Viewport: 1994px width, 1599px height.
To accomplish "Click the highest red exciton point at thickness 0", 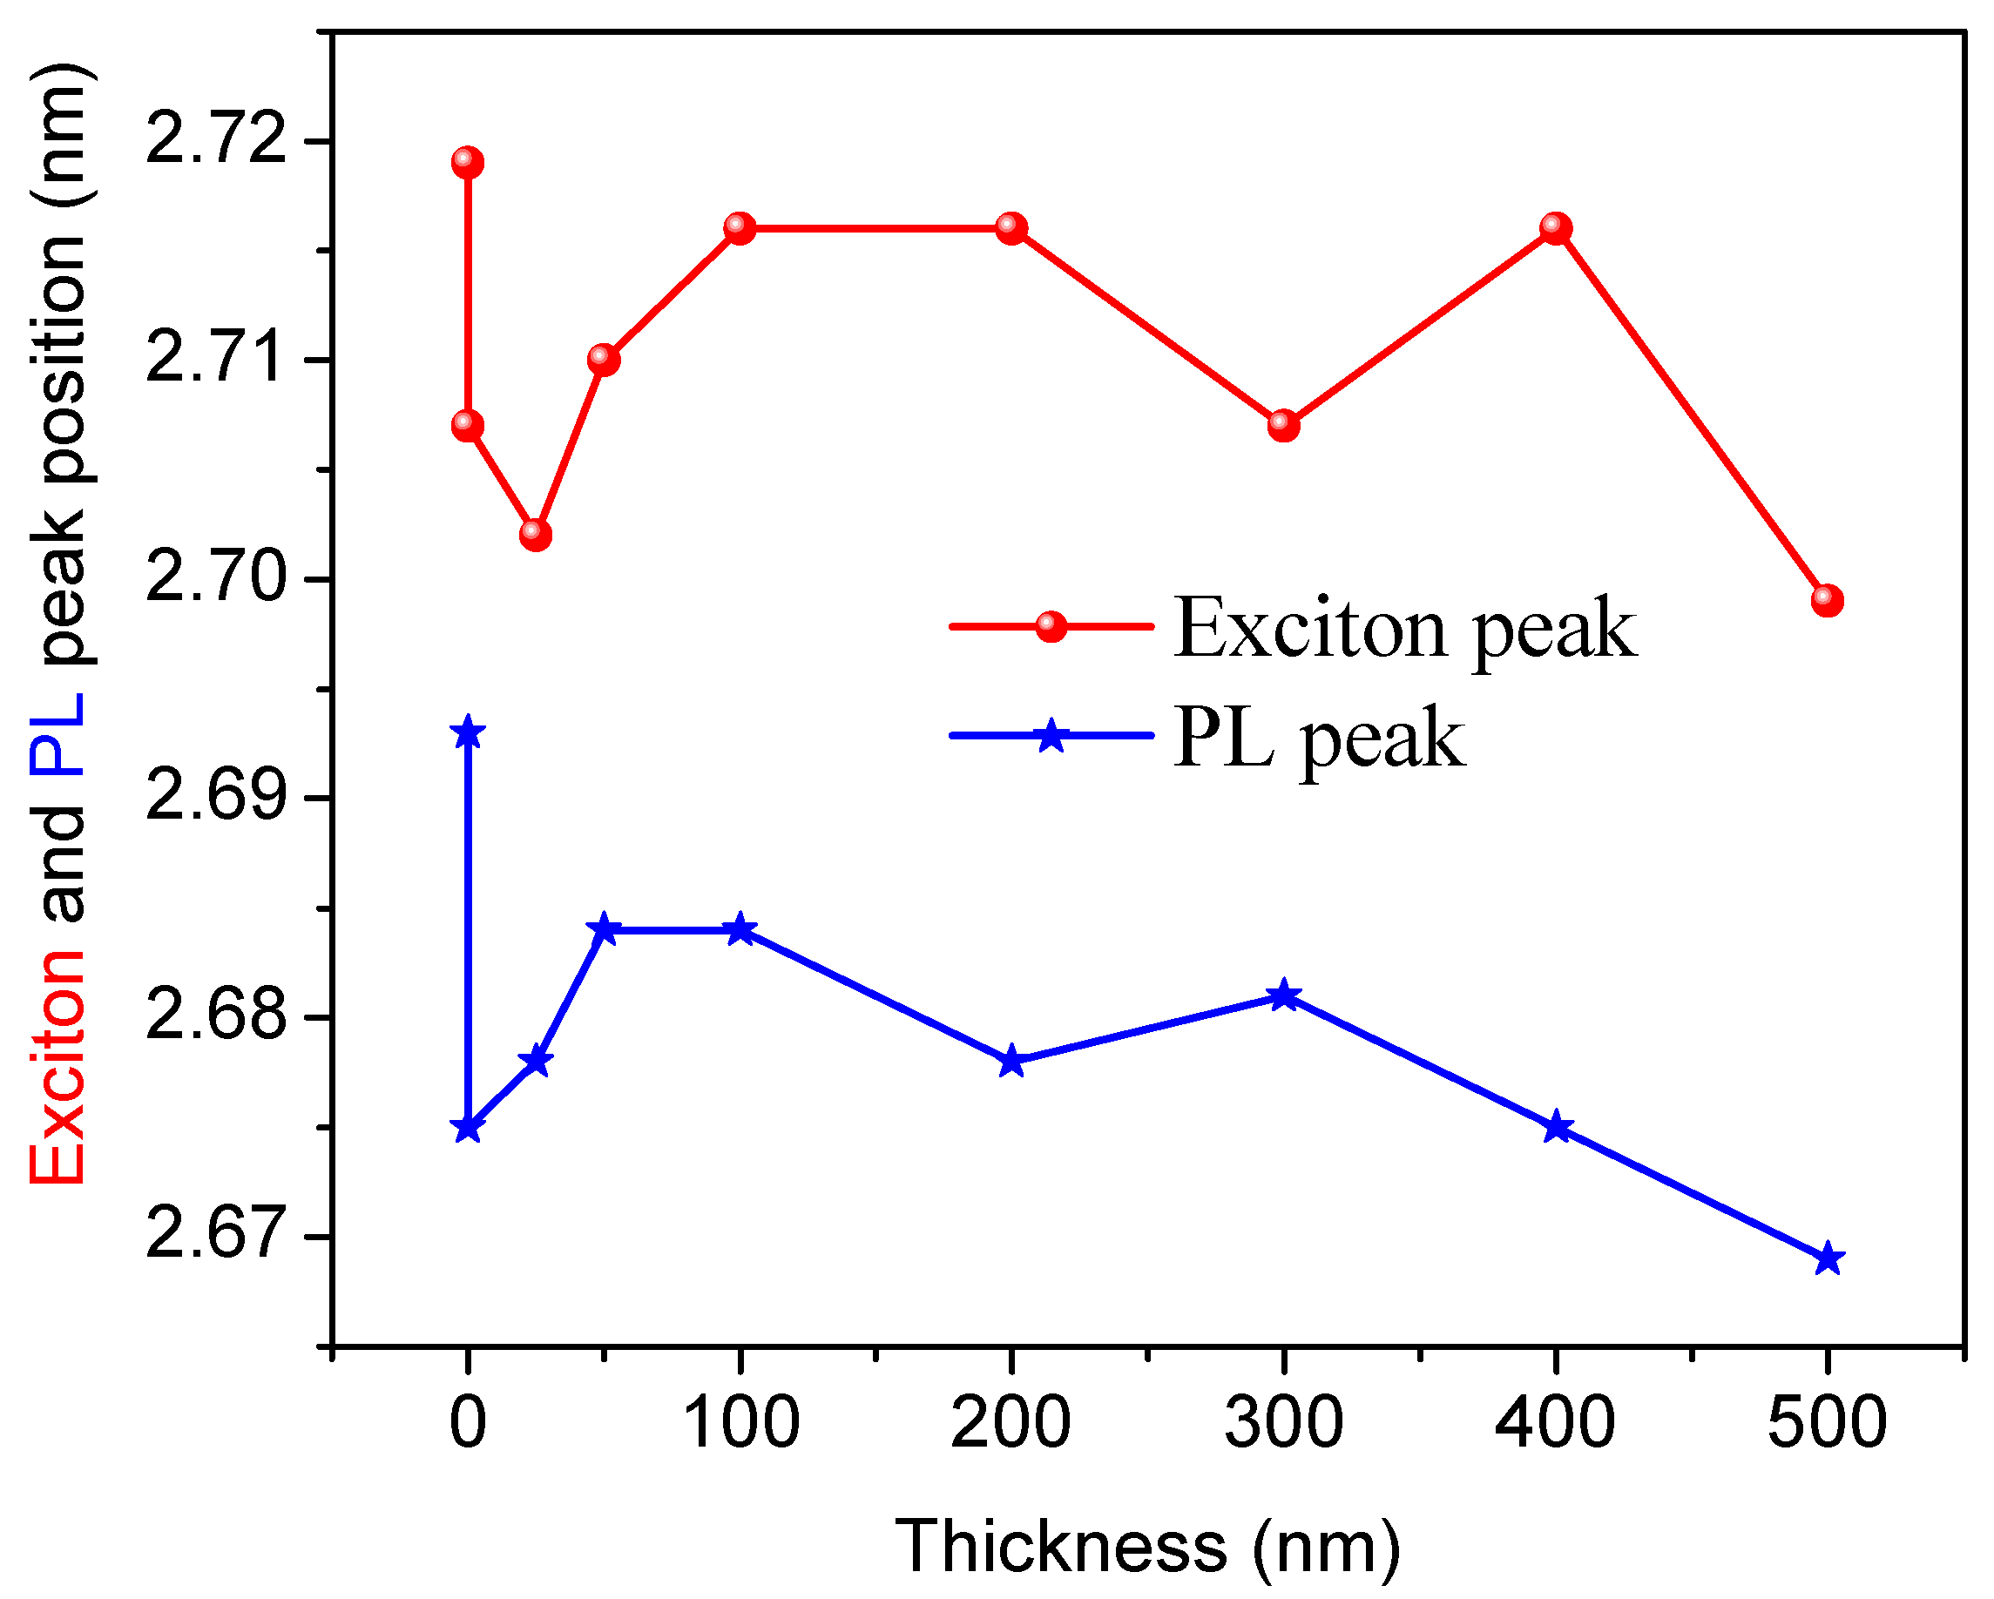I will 468,163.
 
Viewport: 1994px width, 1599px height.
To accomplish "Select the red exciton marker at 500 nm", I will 1828,600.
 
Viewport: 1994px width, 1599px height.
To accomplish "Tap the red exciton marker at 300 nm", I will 1284,425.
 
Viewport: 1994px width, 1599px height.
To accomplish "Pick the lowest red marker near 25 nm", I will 536,535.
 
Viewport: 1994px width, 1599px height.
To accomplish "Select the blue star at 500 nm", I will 1828,1259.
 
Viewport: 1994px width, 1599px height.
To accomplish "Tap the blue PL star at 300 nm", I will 1284,996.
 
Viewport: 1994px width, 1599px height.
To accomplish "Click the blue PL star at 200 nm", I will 1011,1062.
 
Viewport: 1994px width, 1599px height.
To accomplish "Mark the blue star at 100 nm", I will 740,929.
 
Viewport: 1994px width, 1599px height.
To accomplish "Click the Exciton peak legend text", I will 1405,629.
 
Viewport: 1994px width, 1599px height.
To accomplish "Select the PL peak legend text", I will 1319,738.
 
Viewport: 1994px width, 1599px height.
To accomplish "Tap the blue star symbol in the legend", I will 1051,737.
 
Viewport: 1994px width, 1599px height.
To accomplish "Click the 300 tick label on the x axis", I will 1284,1422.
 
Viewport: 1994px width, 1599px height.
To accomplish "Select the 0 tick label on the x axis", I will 468,1422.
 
